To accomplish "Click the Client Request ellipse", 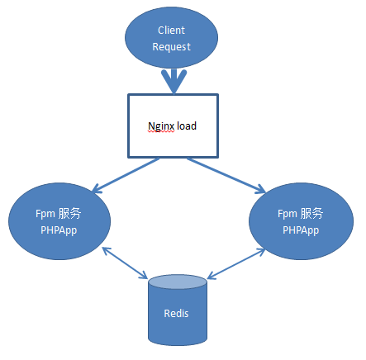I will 171,39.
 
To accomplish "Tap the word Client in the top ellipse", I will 171,31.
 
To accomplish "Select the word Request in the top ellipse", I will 171,47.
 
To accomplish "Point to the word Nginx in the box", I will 160,126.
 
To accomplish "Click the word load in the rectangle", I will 186,126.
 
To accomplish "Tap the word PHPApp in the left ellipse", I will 58,230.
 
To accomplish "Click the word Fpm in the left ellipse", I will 45,214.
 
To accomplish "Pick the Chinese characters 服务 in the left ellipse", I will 70,213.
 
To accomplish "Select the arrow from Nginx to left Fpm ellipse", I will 124,176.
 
